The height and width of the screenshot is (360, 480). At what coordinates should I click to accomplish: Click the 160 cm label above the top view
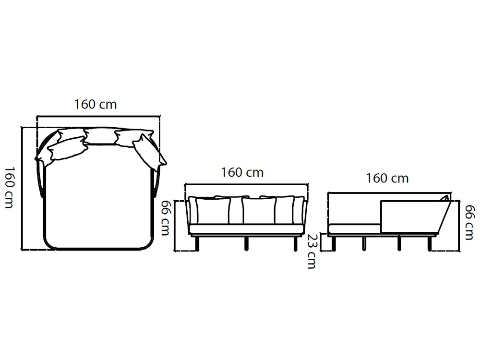96,104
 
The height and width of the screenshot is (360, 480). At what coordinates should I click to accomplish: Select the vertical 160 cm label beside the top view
10,187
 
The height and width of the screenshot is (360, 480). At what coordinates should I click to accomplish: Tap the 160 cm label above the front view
242,172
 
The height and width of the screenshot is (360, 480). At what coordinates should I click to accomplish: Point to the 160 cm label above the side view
387,178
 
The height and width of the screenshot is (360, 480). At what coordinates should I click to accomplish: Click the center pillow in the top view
100,136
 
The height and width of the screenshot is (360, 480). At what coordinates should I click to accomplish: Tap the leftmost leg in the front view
197,243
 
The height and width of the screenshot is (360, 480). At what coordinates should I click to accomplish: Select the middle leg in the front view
247,243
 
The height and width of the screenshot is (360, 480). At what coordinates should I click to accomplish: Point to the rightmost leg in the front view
295,243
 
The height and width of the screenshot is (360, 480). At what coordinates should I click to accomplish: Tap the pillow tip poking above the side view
446,198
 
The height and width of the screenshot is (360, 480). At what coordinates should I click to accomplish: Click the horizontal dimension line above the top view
98,116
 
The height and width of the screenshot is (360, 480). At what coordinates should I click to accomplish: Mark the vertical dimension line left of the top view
22,187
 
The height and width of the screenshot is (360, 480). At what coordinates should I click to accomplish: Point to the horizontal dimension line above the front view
246,184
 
